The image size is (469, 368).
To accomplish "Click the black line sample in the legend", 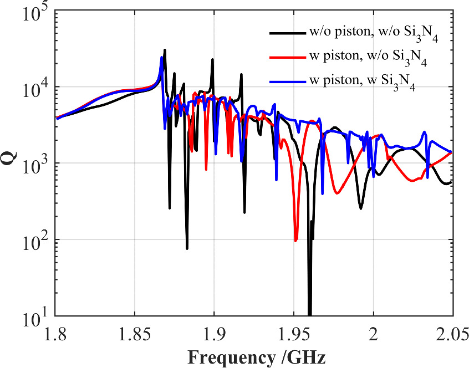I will tap(288, 33).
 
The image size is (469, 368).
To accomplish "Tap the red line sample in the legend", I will tap(288, 57).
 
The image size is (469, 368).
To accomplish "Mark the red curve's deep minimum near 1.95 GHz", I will tap(296, 240).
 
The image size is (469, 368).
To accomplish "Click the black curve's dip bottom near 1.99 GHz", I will tap(360, 208).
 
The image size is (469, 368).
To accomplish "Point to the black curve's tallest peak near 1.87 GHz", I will tap(165, 50).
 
